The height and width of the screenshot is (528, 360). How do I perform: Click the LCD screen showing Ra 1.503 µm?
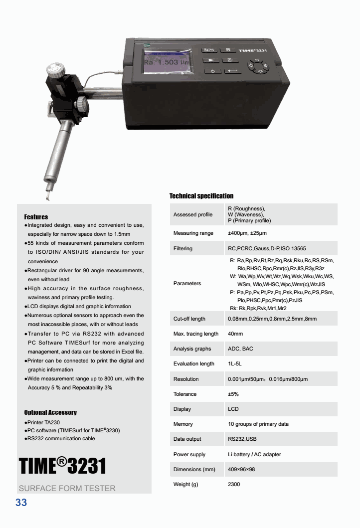167,62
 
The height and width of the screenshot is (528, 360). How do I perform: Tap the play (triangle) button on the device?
211,60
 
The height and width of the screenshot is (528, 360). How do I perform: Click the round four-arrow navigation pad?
257,66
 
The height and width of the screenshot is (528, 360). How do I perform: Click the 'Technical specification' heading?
201,196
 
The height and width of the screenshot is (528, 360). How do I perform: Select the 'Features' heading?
36,217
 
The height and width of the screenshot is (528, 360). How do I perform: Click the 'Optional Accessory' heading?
50,412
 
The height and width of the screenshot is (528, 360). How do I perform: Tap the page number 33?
21,503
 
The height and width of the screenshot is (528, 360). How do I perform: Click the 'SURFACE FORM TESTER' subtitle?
67,488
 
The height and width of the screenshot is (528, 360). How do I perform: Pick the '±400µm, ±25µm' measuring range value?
247,233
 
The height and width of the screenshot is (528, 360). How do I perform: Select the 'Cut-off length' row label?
189,319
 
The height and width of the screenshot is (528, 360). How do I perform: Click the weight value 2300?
234,484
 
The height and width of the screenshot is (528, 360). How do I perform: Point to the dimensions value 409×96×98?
241,469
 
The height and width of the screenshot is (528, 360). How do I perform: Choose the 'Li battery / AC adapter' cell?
254,454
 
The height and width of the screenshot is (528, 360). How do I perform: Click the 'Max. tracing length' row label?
195,334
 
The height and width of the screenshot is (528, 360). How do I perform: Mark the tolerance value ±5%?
233,394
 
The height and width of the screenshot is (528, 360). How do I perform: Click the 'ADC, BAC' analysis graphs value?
240,349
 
